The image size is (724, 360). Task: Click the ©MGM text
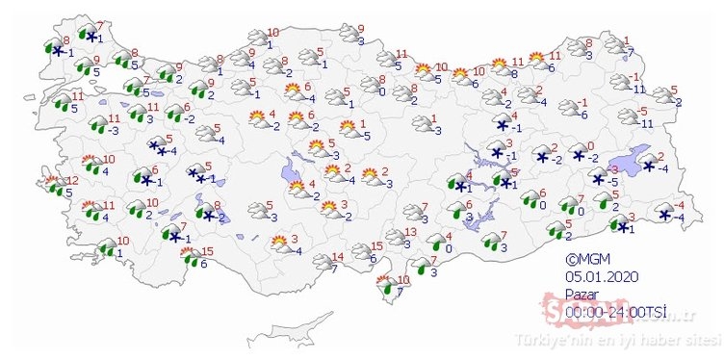click(x=585, y=258)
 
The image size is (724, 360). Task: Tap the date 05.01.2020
click(x=597, y=273)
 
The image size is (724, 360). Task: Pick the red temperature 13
click(x=410, y=232)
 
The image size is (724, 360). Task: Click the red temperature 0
click(x=590, y=146)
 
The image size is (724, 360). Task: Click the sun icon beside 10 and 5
click(x=423, y=70)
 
